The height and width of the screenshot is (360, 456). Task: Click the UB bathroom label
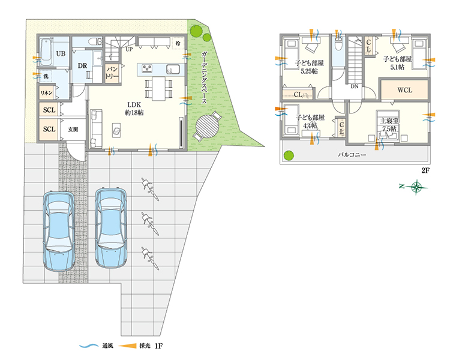point(61,53)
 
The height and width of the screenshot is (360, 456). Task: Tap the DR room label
point(82,66)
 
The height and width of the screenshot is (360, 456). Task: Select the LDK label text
point(134,104)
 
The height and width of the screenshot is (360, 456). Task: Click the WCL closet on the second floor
point(404,90)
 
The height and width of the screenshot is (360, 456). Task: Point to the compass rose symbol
point(417,187)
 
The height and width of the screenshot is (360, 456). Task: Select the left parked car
point(59,231)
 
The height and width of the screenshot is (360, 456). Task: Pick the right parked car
point(111,227)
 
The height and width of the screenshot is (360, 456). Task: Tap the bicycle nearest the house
point(150,190)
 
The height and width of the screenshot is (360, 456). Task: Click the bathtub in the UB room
point(46,52)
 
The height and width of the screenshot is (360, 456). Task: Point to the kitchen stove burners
point(147,68)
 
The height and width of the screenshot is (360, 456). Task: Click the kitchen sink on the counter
point(173,69)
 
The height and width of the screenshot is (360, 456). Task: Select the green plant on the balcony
point(289,155)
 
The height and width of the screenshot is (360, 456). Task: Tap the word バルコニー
point(352,155)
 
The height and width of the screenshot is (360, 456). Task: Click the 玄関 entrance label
point(73,130)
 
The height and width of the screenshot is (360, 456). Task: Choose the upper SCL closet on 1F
point(49,110)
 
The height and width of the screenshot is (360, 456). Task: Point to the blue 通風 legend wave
point(89,346)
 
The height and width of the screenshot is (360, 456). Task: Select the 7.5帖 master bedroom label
point(389,129)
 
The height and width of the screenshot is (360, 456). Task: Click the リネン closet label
point(46,93)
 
